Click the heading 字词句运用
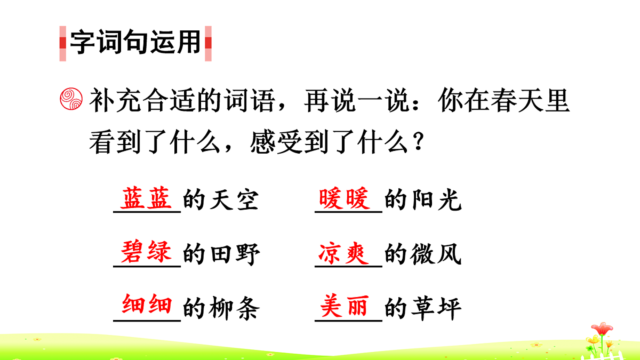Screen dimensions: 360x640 pos(135,43)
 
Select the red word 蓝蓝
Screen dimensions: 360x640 pos(147,199)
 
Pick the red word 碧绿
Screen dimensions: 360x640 pos(147,252)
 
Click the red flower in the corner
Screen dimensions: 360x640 pos(602,329)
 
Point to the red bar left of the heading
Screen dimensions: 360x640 pos(62,43)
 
